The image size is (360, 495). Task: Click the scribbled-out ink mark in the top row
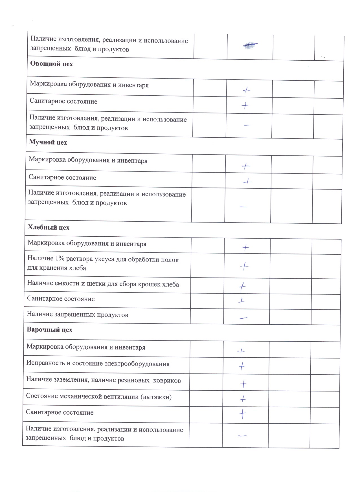pos(250,45)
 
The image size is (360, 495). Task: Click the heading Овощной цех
pos(52,64)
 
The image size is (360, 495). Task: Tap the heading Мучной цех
pos(48,142)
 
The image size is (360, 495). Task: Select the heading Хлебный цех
pos(49,227)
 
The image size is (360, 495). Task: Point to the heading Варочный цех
pos(50,329)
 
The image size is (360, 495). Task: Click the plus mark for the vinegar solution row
pos(244,266)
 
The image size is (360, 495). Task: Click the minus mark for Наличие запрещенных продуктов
pos(243,318)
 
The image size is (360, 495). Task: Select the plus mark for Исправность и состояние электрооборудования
pos(242,366)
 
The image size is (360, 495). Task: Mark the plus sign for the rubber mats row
pos(243,384)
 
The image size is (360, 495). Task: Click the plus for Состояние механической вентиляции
pos(243,399)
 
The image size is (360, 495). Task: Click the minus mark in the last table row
pos(242,436)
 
